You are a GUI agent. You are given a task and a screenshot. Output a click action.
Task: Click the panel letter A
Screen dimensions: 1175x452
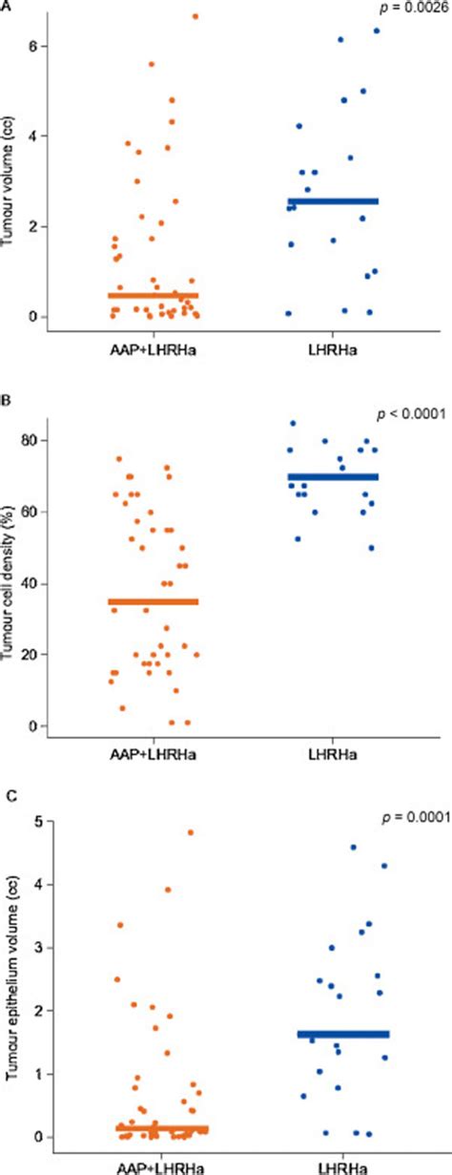6,5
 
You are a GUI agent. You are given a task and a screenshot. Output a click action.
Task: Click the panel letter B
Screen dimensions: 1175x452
6,391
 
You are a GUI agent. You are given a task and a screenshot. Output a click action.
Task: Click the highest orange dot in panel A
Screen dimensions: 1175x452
195,16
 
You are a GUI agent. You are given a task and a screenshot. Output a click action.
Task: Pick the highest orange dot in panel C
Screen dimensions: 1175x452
191,832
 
